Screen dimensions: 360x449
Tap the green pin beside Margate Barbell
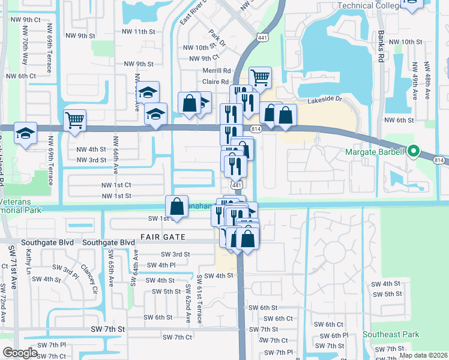point(413,151)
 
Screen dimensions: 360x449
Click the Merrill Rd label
point(217,70)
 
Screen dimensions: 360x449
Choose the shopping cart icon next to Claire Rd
point(260,77)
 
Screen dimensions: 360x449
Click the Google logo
point(20,353)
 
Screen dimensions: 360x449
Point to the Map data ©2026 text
point(423,355)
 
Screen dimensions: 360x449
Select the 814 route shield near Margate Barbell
point(439,160)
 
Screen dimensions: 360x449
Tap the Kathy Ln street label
point(29,262)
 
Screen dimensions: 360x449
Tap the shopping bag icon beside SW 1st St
point(177,206)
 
